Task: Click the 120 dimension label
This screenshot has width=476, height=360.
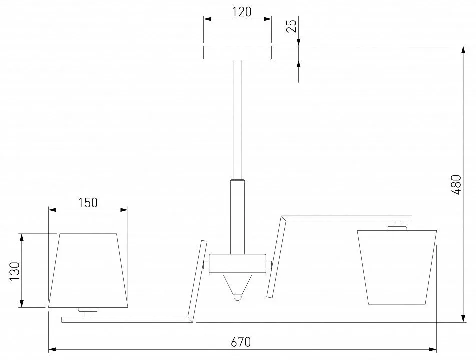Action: pyautogui.click(x=242, y=12)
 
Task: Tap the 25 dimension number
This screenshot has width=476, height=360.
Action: pyautogui.click(x=291, y=26)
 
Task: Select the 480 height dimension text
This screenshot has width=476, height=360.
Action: pyautogui.click(x=456, y=185)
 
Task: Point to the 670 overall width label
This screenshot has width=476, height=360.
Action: pyautogui.click(x=241, y=342)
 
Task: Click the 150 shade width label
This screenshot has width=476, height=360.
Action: pyautogui.click(x=88, y=203)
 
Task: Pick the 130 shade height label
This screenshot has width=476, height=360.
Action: pyautogui.click(x=15, y=271)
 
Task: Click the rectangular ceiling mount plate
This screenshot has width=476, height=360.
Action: pyautogui.click(x=238, y=53)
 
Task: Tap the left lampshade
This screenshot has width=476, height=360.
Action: pyautogui.click(x=88, y=271)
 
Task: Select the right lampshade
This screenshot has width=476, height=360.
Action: pyautogui.click(x=397, y=267)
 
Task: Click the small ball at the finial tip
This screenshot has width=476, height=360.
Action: pyautogui.click(x=237, y=297)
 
